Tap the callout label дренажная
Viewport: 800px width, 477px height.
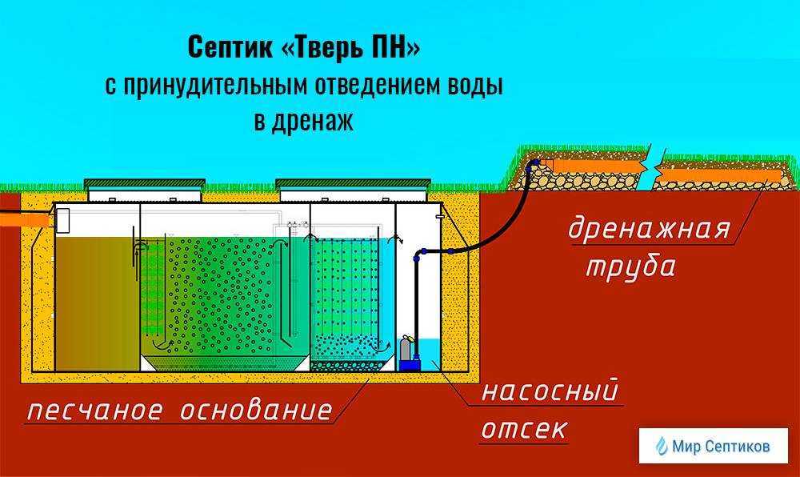[x=649, y=228]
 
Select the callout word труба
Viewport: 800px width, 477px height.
[x=631, y=266]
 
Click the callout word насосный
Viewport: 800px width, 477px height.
[x=550, y=391]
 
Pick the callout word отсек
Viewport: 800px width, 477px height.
[x=523, y=429]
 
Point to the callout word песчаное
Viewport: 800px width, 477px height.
[x=95, y=410]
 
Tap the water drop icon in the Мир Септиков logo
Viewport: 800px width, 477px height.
[x=662, y=447]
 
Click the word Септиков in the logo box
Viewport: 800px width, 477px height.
[x=738, y=447]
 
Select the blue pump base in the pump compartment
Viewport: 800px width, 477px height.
[x=410, y=364]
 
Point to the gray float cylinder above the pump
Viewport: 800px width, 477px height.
[x=406, y=348]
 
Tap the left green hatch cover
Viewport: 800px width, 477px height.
[x=144, y=183]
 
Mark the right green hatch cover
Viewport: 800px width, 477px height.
[x=353, y=183]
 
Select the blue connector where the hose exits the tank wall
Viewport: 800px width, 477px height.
[x=450, y=251]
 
